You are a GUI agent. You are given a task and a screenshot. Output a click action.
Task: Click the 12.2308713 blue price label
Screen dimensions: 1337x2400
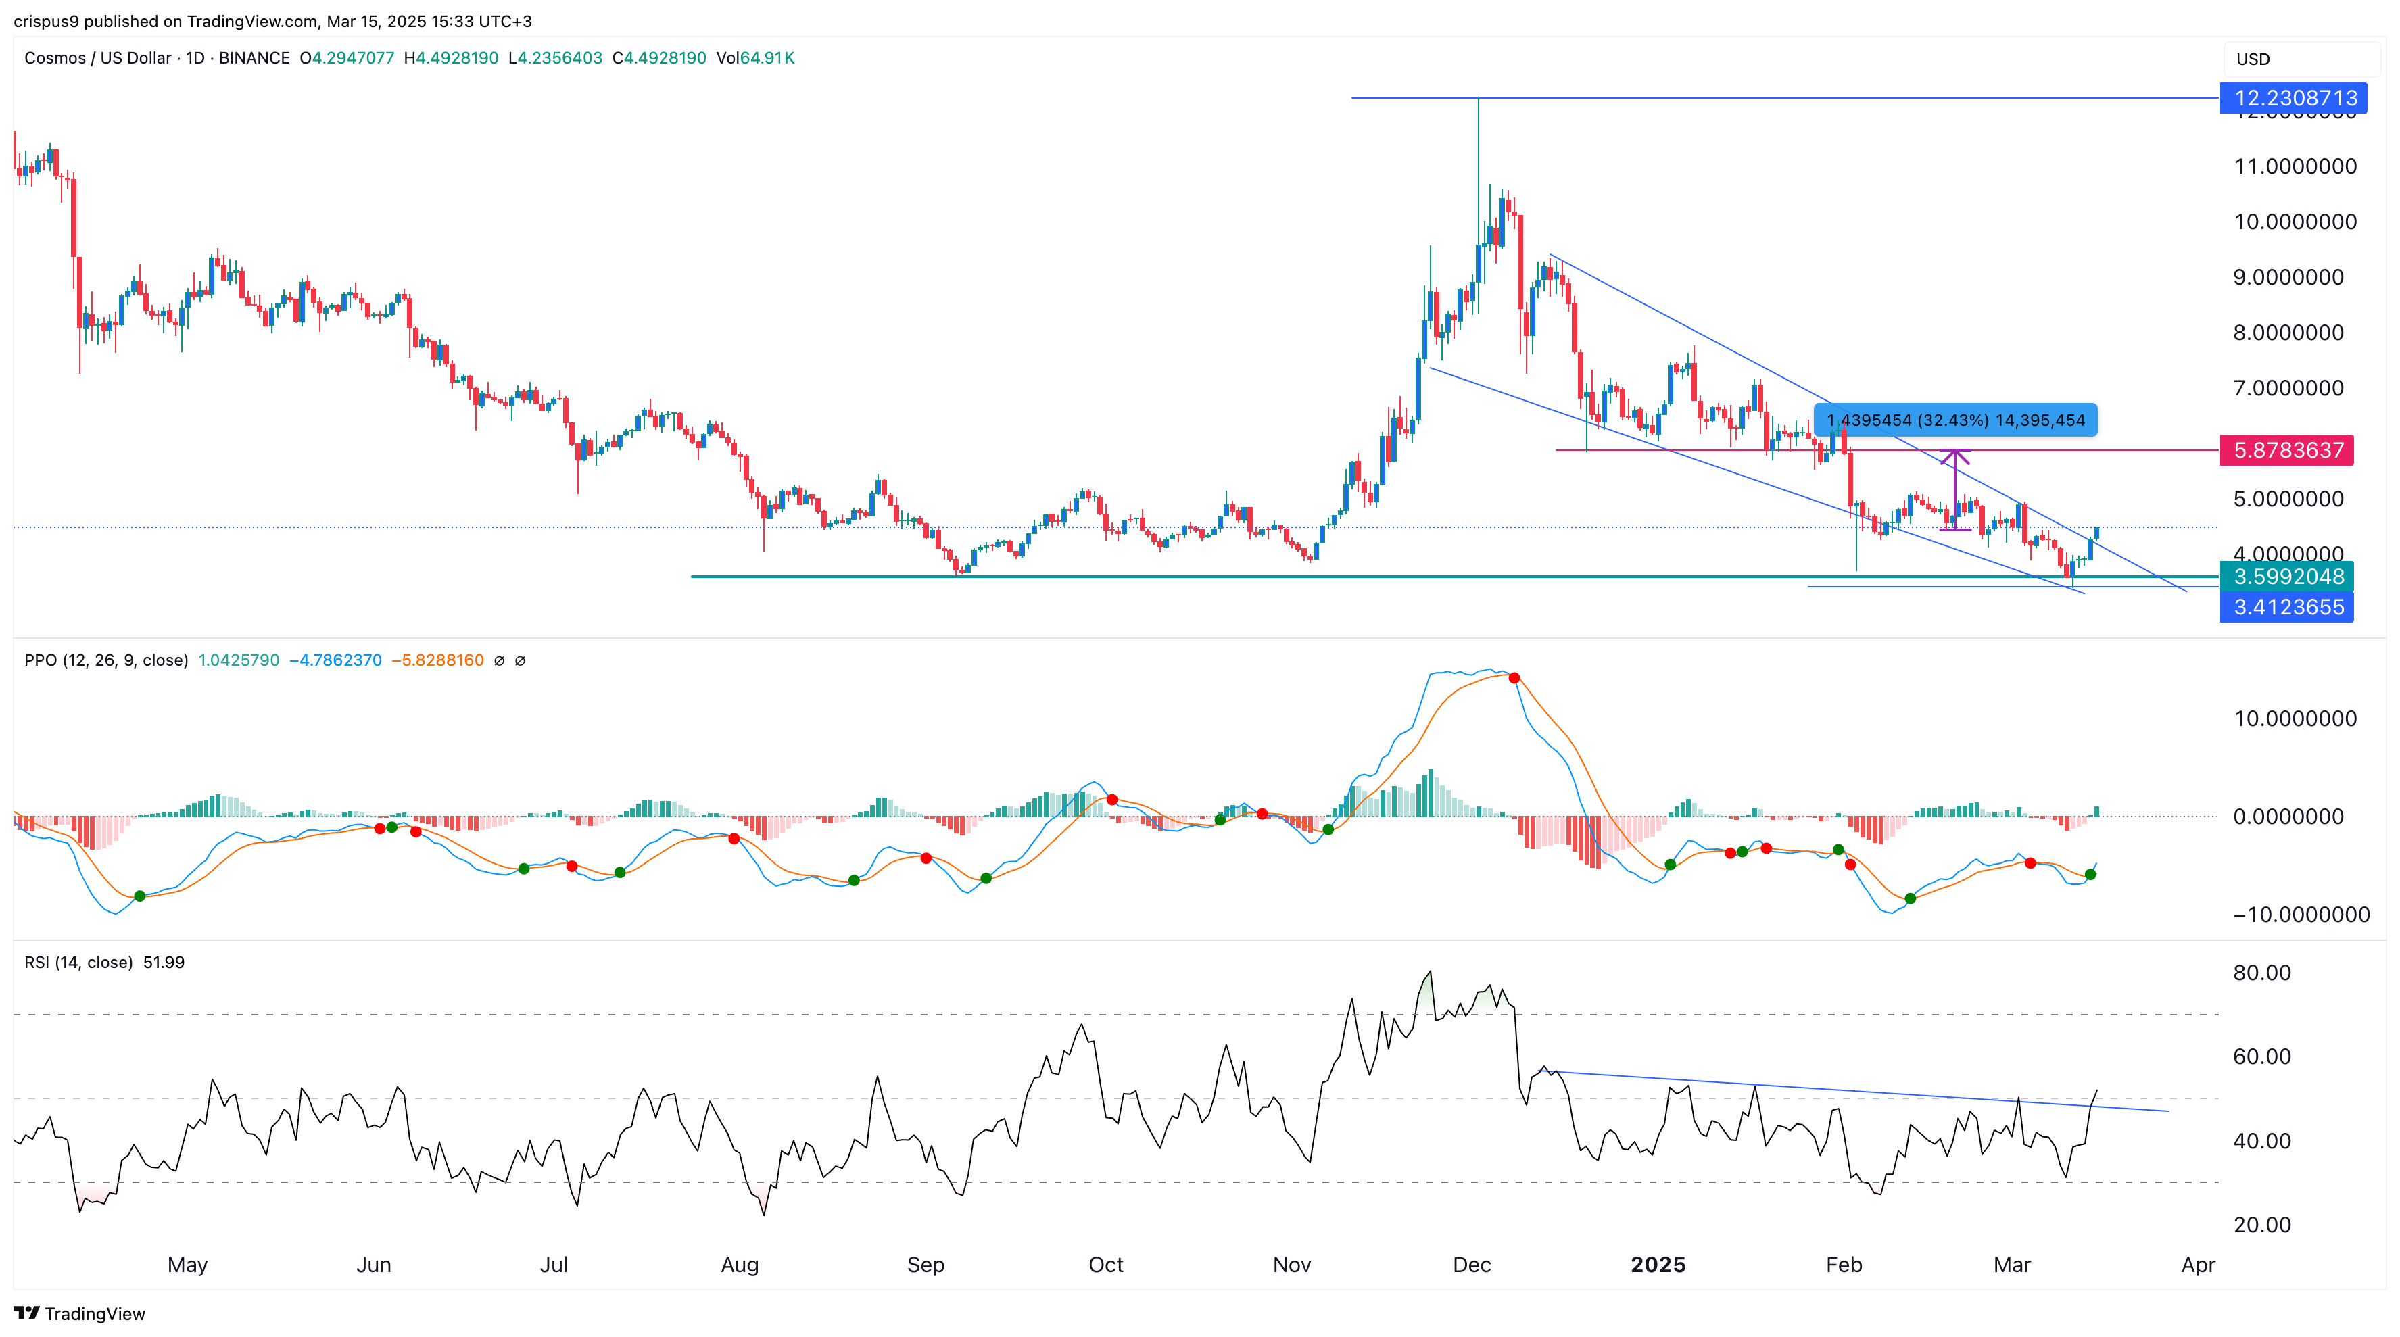tap(2295, 98)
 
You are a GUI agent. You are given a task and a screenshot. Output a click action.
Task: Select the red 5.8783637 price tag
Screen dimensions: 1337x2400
tap(2287, 450)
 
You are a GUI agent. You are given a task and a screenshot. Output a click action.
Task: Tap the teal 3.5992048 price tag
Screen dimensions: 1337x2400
tap(2287, 577)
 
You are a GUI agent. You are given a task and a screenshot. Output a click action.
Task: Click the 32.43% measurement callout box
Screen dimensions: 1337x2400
tap(1954, 420)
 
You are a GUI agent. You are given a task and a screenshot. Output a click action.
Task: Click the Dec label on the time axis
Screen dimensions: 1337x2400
tap(1472, 1264)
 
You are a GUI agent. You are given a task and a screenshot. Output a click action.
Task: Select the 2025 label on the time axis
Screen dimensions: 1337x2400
tap(1658, 1264)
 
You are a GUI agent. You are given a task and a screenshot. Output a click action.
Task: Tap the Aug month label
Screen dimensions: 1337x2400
tap(740, 1264)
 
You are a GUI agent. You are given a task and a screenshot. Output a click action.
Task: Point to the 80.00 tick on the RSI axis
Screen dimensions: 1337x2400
tap(2261, 973)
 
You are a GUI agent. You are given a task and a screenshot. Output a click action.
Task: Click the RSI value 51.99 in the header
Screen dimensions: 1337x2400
tap(164, 963)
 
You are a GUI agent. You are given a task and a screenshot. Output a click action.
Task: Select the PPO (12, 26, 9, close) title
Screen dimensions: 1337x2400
tap(106, 660)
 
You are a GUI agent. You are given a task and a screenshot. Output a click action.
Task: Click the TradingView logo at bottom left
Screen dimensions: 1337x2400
tap(80, 1314)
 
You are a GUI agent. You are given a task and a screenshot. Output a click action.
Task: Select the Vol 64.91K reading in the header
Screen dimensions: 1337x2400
tap(754, 57)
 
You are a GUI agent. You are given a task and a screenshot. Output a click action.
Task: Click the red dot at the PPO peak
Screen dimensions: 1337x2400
tap(1514, 678)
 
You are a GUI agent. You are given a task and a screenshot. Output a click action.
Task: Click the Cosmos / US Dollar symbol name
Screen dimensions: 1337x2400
tap(98, 57)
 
